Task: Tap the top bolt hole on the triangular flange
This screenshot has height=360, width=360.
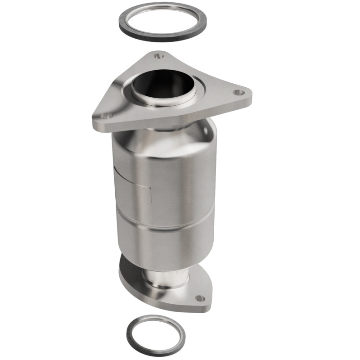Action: tap(157, 56)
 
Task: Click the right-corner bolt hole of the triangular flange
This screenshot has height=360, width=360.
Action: tap(238, 92)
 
